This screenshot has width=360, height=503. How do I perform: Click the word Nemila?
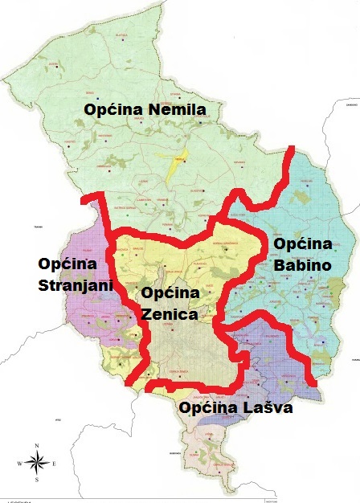[175, 109]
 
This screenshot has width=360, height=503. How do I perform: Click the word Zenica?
[169, 315]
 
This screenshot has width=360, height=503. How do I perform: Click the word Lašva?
[266, 408]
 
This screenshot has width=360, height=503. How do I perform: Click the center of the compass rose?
[36, 462]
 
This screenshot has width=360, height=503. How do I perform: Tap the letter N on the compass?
[36, 444]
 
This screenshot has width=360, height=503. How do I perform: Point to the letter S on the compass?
[36, 480]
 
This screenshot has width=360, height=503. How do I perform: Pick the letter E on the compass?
[54, 463]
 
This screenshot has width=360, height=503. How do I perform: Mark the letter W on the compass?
[18, 463]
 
